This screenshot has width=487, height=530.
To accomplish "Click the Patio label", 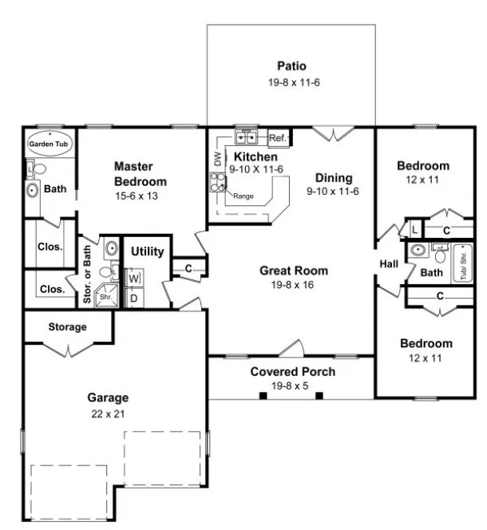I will pos(292,66).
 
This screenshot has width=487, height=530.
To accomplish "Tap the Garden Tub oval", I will pos(49,144).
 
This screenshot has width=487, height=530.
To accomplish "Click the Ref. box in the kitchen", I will pos(278,138).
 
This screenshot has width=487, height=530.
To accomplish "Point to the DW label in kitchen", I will pos(217,160).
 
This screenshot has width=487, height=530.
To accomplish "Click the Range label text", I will pos(244,196).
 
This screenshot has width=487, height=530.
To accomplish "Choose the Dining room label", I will pos(334,178).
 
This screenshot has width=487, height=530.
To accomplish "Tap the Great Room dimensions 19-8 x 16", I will pos(294,284).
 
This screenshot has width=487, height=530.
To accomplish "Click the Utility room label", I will pos(148,252).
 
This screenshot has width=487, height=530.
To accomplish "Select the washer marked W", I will pos(135,278).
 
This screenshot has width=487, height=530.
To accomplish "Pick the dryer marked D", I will pos(135,298).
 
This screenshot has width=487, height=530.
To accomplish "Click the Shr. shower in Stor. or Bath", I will pos(106,297).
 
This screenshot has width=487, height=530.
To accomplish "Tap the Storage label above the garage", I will pos(68,327).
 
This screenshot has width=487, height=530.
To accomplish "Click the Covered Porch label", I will pos(293,372).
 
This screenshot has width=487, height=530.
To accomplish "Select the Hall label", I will pos(389,264).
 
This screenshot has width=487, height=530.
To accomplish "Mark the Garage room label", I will pos(108,397).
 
